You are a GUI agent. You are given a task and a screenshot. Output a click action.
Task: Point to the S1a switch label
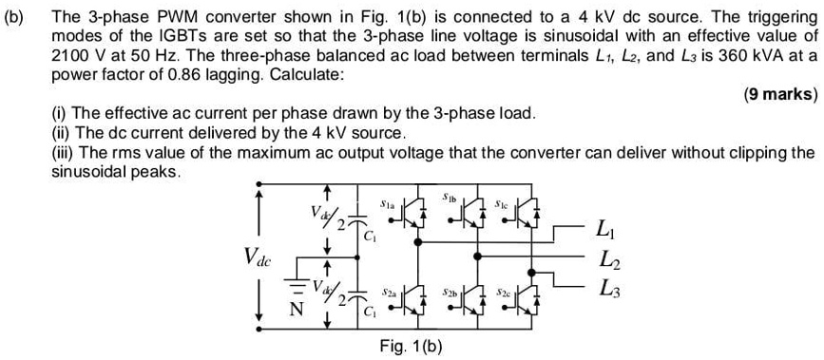click(387, 203)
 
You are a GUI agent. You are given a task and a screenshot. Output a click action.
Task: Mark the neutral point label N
click(297, 307)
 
